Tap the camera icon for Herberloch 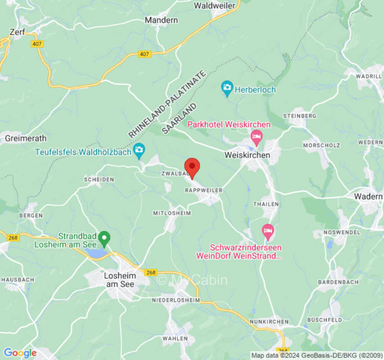coord(227,87)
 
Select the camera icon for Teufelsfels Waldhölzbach coord(139,150)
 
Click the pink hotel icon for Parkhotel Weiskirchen coord(256,136)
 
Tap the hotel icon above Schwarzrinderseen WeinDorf coord(268,231)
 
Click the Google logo coord(20,353)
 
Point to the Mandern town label coord(161,20)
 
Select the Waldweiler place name coord(215,5)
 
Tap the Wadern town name coord(368,196)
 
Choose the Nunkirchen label coord(269,322)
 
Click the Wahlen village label coord(175,338)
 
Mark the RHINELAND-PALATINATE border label coord(167,104)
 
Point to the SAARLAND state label coord(180,118)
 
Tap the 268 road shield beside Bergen coord(14,237)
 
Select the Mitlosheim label coord(172,213)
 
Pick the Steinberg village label coord(299,116)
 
